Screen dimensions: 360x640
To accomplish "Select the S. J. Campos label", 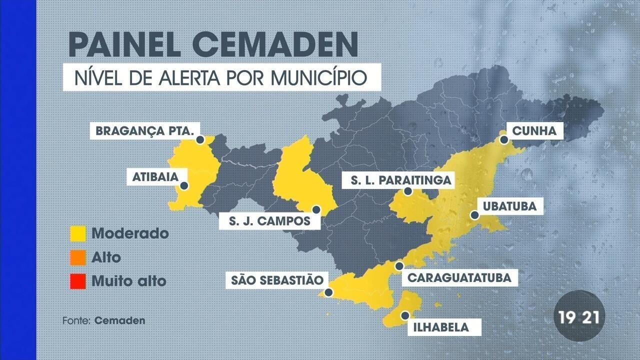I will (269, 220).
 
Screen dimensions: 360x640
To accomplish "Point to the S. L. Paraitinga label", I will (397, 180).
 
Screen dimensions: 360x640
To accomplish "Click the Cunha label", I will (534, 131).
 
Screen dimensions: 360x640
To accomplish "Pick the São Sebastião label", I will (276, 280).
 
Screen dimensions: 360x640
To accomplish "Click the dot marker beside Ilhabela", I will (405, 315).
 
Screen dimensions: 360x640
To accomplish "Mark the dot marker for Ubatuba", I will (474, 215).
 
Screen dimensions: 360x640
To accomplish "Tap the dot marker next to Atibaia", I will (184, 186).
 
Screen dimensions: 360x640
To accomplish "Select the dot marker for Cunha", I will (504, 140).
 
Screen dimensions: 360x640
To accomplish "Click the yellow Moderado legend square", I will (78, 233).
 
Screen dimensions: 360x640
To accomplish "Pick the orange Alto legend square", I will (78, 257).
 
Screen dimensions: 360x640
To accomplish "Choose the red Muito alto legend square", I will (78, 281).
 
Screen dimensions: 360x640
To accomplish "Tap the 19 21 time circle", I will (579, 317).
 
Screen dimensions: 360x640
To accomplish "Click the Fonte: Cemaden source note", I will (104, 320).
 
